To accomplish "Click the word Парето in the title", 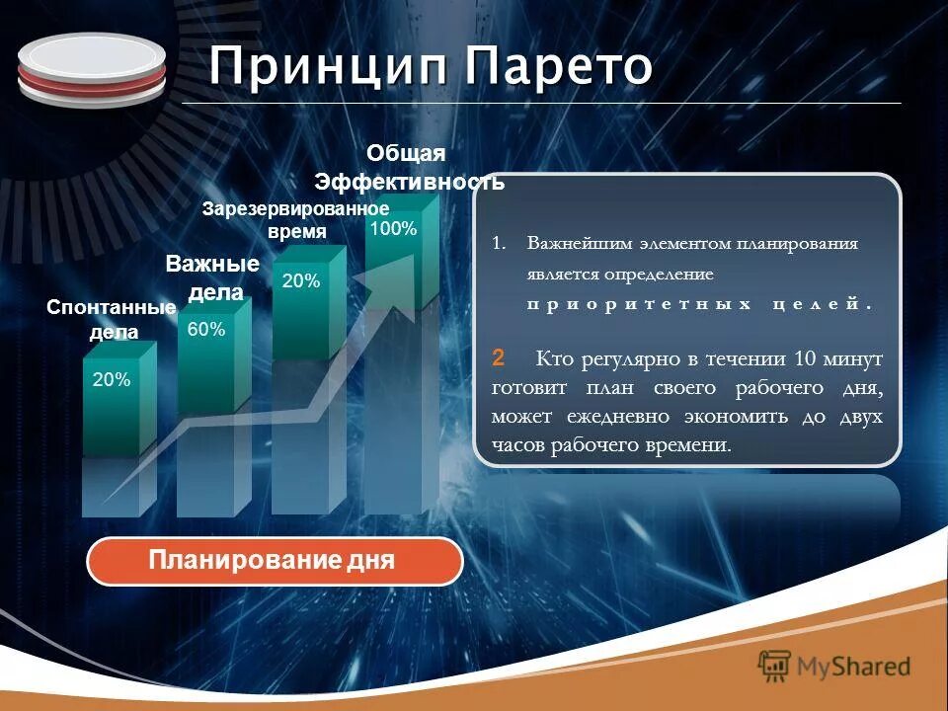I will coord(559,68).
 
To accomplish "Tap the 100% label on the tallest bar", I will coord(394,229).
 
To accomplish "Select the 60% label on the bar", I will coord(206,331).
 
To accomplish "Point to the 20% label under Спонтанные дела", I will coord(112,379).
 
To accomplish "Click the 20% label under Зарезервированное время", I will coord(301,281).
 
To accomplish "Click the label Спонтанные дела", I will coord(111,320).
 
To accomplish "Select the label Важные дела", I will coord(211,278).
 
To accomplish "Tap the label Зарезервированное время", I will coord(296,220).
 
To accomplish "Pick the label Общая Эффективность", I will coord(409,168).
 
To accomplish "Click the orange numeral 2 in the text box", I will coord(499,355).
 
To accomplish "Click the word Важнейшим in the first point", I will coord(582,243).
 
